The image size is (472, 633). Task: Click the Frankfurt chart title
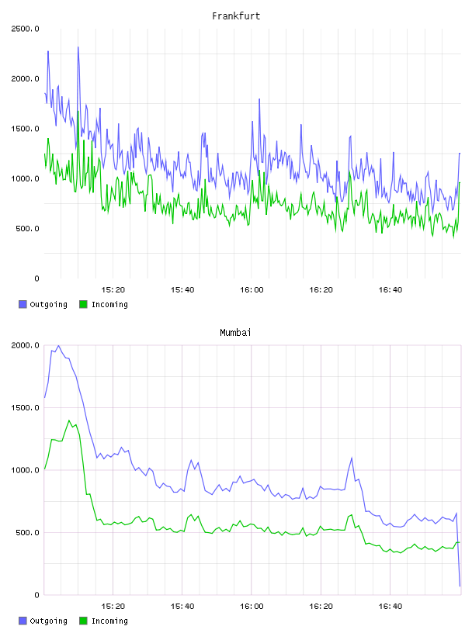(x=236, y=16)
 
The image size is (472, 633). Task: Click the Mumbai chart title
(x=235, y=333)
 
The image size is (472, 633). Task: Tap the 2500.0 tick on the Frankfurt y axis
(x=25, y=29)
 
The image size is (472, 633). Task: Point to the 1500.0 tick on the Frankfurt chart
(x=25, y=129)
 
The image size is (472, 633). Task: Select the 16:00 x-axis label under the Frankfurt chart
(x=252, y=290)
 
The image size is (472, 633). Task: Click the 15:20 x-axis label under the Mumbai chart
(x=113, y=607)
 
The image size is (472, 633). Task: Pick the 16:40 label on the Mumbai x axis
(x=390, y=607)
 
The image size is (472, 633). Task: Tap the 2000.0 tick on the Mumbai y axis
(x=25, y=345)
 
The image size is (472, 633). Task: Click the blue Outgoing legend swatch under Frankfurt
(x=23, y=304)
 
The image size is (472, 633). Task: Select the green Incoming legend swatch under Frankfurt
(x=83, y=304)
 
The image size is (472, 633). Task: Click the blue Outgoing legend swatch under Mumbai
(x=23, y=621)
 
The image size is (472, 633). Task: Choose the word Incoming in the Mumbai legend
(x=109, y=621)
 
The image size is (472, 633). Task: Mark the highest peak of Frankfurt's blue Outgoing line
(x=78, y=47)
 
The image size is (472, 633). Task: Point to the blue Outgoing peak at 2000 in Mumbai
(x=58, y=345)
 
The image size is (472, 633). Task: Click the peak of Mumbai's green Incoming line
(x=68, y=420)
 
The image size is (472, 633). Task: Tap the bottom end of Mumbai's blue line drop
(x=460, y=586)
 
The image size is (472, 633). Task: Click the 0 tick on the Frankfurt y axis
(x=36, y=278)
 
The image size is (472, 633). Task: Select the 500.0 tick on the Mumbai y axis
(x=25, y=532)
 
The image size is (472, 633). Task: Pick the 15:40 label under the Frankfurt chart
(x=182, y=290)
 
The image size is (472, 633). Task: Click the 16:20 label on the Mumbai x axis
(x=321, y=607)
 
